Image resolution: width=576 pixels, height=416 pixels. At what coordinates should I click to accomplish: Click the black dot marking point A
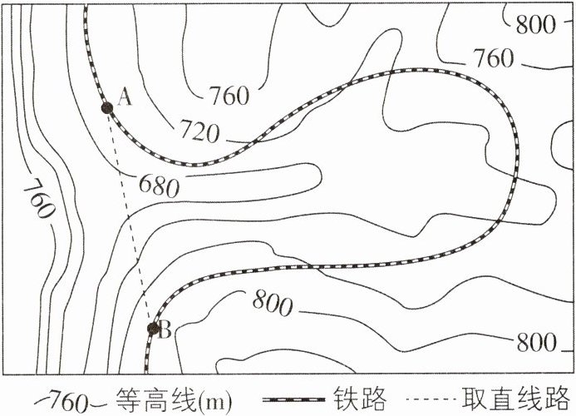(106, 107)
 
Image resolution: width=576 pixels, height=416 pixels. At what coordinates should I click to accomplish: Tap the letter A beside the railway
(126, 97)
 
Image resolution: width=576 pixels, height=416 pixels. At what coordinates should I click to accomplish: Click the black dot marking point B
(153, 329)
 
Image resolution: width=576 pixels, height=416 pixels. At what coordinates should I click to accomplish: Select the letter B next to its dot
(165, 331)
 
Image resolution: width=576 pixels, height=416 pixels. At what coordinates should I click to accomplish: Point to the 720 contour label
(199, 131)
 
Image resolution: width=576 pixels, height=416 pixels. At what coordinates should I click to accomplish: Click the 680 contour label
(160, 185)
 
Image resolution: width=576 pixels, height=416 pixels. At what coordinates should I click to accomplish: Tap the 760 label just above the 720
(229, 97)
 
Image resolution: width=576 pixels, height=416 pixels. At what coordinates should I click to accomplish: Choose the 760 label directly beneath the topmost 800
(495, 59)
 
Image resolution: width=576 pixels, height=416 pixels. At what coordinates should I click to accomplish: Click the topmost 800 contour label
(535, 23)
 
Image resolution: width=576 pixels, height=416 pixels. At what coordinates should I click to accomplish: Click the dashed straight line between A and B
(130, 218)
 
